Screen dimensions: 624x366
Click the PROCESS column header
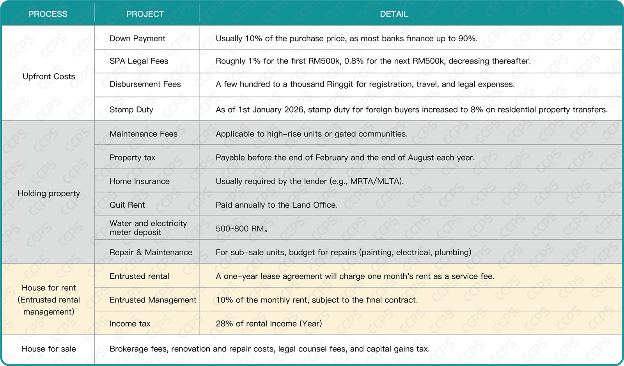[48, 14]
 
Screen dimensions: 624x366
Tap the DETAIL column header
[394, 14]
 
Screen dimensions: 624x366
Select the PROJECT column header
[145, 14]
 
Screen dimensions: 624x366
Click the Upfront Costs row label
[49, 76]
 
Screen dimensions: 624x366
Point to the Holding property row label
[49, 193]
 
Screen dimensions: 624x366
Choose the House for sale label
[49, 349]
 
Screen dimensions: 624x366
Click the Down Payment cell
[137, 39]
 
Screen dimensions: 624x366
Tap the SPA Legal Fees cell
[139, 61]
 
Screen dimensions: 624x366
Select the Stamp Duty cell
[131, 110]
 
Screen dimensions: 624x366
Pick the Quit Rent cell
[127, 205]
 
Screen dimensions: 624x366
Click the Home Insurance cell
[139, 181]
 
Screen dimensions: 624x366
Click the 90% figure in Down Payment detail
[468, 39]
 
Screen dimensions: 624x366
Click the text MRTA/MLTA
[375, 181]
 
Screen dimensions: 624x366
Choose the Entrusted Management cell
[152, 300]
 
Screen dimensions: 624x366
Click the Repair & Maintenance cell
[151, 252]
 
